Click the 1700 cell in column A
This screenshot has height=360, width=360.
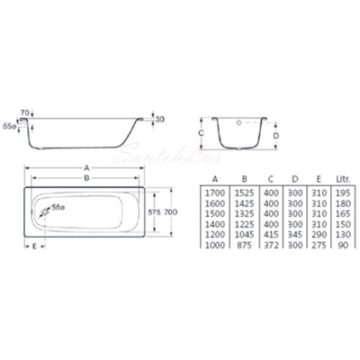(215, 193)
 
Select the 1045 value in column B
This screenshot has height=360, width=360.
(245, 234)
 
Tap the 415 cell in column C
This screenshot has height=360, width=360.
(271, 234)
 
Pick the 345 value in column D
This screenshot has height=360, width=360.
(295, 234)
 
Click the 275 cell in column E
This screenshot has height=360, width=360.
(319, 245)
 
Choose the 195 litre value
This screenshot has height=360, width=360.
(343, 193)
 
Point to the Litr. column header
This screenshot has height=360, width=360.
(343, 179)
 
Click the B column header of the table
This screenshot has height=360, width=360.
(245, 179)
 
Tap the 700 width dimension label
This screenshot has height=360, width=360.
(171, 212)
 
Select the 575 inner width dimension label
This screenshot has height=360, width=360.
(155, 212)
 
